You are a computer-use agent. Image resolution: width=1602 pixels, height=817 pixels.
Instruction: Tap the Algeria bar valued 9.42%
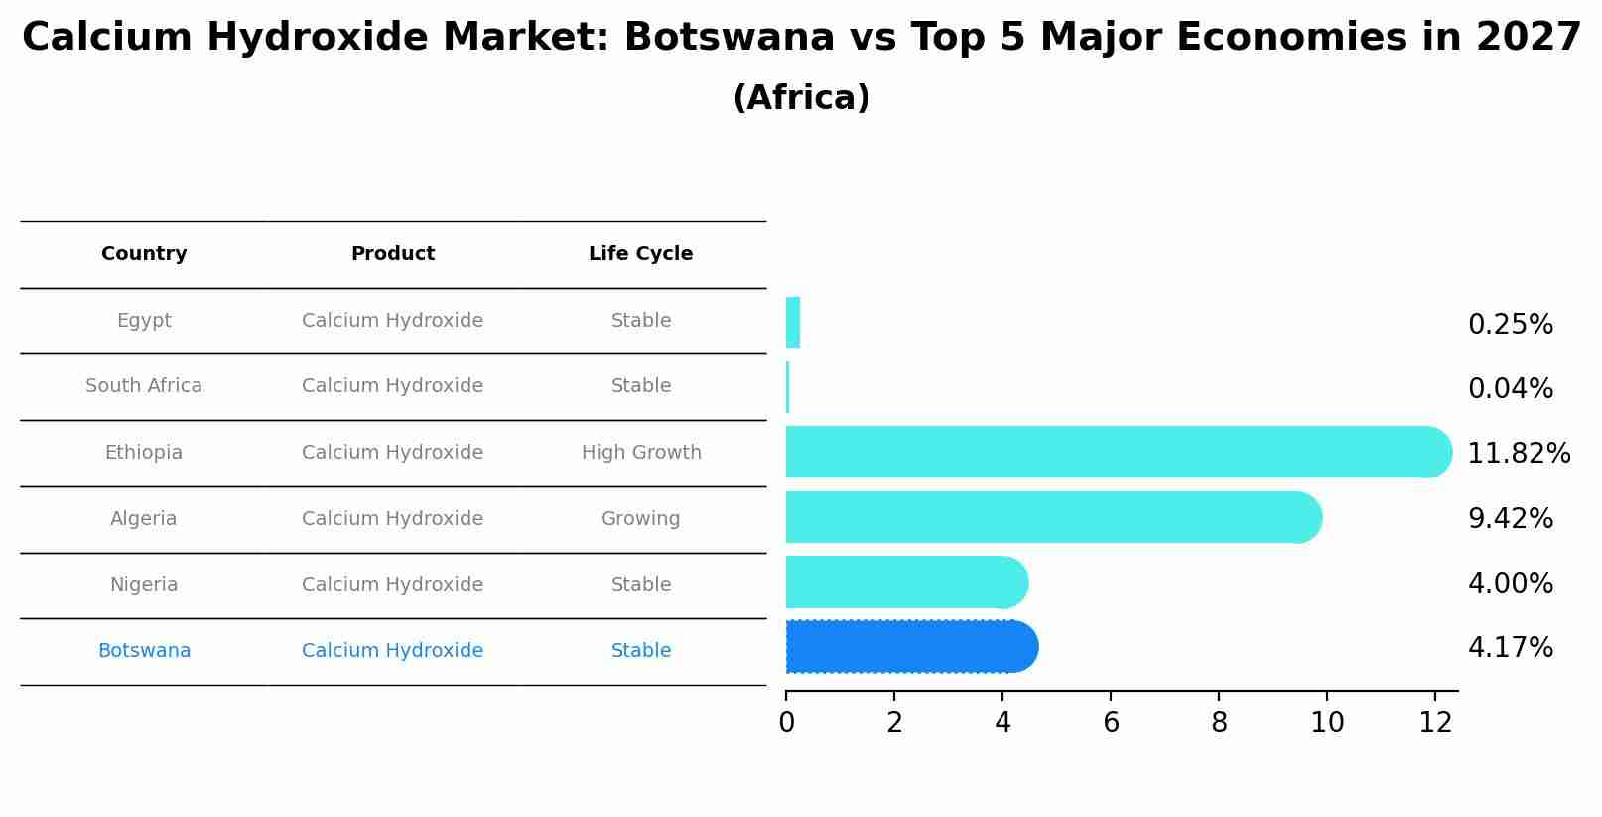(x=1052, y=517)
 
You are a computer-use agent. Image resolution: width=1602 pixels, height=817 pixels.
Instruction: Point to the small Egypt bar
(x=792, y=323)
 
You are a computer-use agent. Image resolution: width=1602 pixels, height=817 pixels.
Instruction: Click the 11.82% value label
(x=1519, y=454)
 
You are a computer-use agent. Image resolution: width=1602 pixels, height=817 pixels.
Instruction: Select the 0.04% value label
(x=1510, y=389)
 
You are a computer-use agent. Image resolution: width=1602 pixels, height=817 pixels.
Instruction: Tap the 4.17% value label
(x=1510, y=648)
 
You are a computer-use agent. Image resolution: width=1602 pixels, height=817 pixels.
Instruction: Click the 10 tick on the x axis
(x=1327, y=723)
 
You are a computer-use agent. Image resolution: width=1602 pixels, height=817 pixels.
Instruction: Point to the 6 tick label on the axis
(x=1111, y=723)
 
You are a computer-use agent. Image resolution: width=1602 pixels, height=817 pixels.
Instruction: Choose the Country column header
(x=144, y=254)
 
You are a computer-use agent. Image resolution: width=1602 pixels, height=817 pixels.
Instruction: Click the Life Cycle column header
(x=640, y=254)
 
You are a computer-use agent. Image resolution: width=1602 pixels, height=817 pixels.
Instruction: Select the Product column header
(x=392, y=254)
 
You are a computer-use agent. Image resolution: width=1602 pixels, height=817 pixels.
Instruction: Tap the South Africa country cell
(x=144, y=386)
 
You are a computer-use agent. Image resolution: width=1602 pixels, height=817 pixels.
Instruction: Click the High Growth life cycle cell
(x=641, y=453)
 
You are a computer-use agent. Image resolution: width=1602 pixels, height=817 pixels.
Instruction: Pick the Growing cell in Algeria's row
(x=640, y=519)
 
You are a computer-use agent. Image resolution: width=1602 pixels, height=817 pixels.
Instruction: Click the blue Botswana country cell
(x=144, y=651)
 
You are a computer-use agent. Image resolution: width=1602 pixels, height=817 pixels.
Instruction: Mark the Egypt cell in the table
(x=144, y=321)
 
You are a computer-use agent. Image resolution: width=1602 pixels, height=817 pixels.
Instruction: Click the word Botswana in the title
(x=729, y=38)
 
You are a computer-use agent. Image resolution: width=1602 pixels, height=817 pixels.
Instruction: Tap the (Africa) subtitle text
(x=801, y=98)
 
